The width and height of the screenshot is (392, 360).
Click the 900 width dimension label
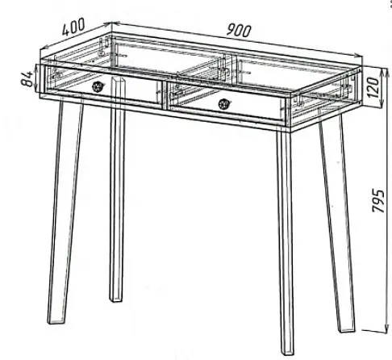click(x=239, y=30)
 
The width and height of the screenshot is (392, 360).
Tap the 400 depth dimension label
click(x=73, y=27)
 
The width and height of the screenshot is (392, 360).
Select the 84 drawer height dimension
click(x=27, y=78)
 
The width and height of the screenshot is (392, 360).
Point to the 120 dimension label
click(x=374, y=87)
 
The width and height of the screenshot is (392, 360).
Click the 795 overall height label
click(x=378, y=201)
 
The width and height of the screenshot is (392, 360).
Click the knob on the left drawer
click(x=97, y=86)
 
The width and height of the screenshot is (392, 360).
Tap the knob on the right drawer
click(x=223, y=103)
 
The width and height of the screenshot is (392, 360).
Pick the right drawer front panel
click(x=227, y=101)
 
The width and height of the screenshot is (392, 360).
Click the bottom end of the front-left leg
click(x=56, y=321)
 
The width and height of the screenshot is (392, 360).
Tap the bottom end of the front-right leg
click(x=287, y=353)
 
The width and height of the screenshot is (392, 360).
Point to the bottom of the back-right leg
click(x=346, y=330)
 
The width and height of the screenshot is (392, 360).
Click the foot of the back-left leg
click(x=117, y=299)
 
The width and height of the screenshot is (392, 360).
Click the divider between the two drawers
click(x=165, y=94)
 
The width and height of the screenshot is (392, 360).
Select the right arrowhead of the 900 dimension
click(x=358, y=55)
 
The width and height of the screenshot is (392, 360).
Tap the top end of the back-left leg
click(x=119, y=79)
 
